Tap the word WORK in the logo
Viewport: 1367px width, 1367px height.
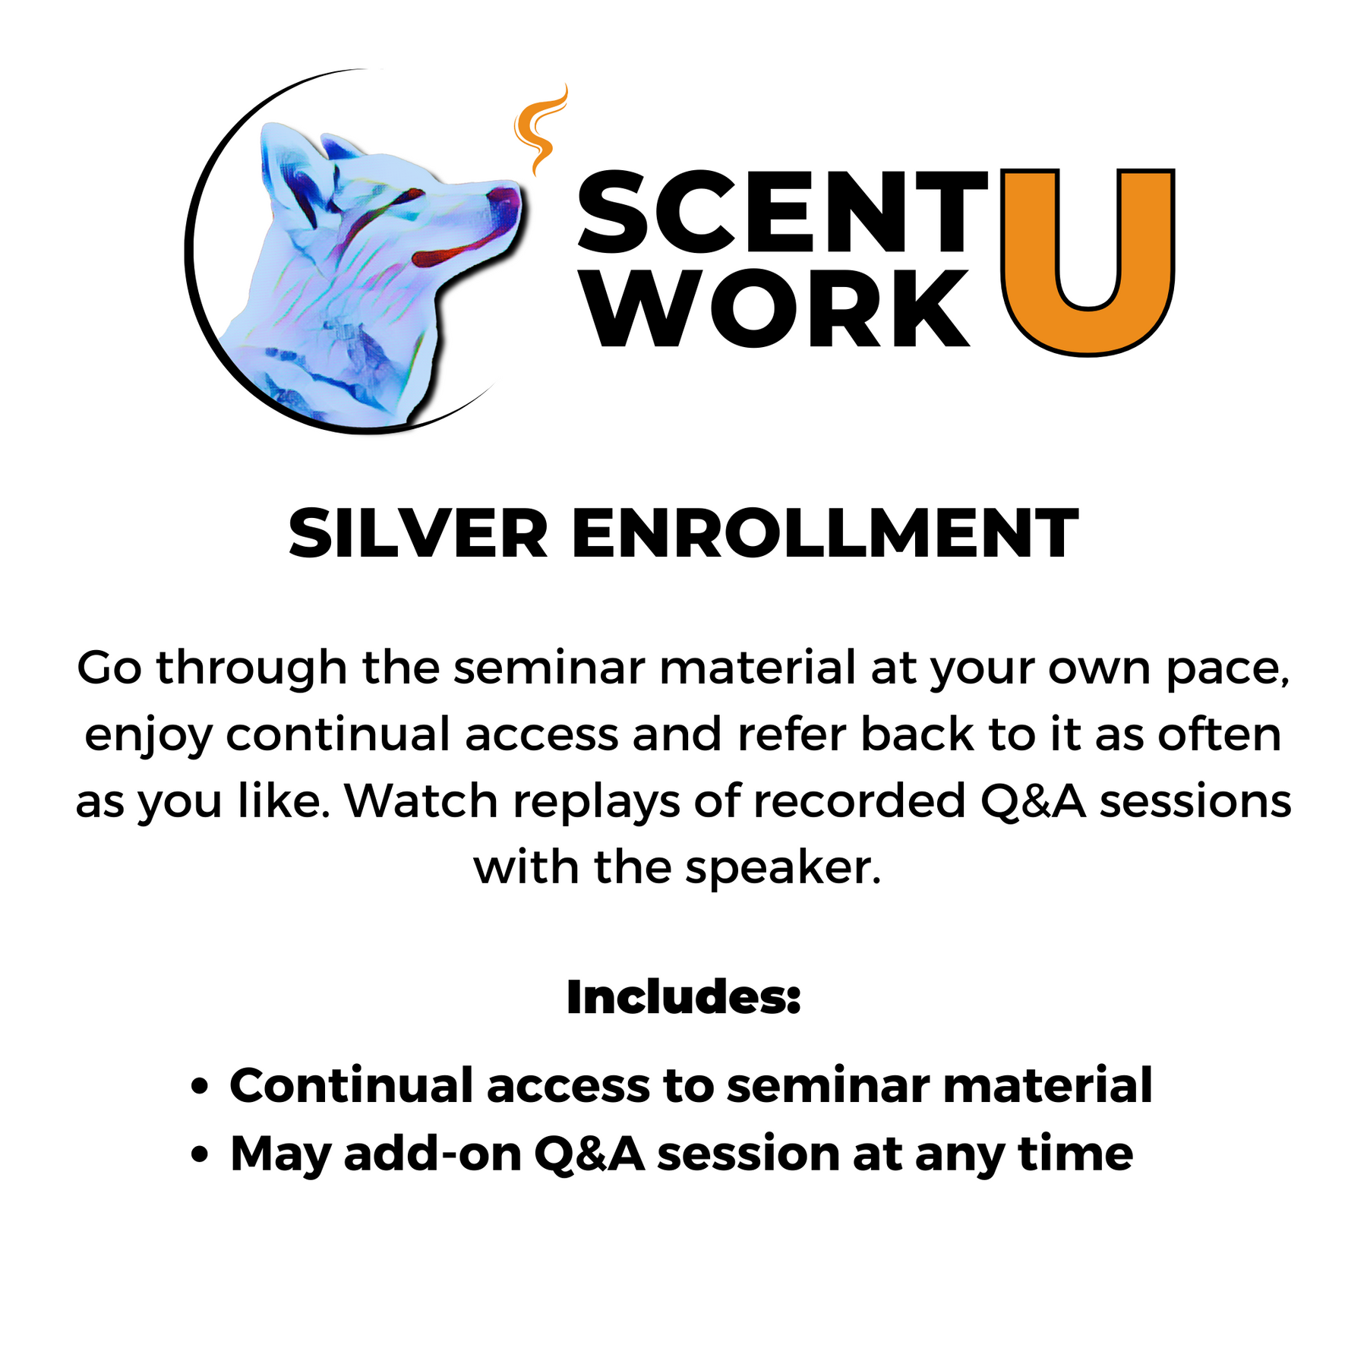point(778,308)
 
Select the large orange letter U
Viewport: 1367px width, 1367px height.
point(1088,261)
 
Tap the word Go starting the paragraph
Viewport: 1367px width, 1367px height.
point(109,668)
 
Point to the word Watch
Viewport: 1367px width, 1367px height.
point(421,801)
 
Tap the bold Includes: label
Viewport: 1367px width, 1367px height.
point(683,997)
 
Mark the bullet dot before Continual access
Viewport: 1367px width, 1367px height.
point(200,1087)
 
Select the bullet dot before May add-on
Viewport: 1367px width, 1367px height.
point(200,1155)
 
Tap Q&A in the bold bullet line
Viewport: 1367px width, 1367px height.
point(589,1154)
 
